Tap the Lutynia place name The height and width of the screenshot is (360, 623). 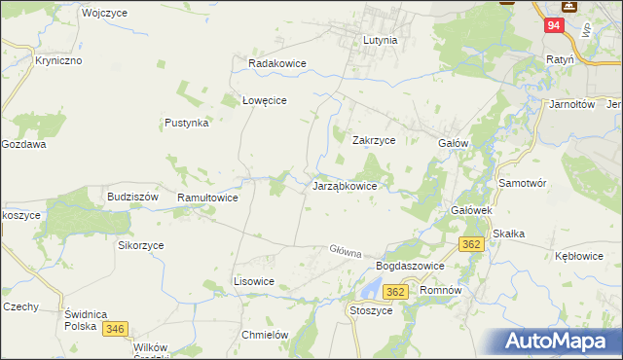pyautogui.click(x=380, y=41)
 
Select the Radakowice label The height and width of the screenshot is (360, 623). pyautogui.click(x=277, y=63)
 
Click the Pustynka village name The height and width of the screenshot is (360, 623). pyautogui.click(x=187, y=124)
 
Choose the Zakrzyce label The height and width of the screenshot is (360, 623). pyautogui.click(x=373, y=140)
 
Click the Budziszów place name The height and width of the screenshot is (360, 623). pyautogui.click(x=132, y=196)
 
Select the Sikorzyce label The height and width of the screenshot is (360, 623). pyautogui.click(x=141, y=246)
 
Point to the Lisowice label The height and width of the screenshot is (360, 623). pyautogui.click(x=254, y=281)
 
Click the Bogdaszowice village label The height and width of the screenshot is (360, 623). pyautogui.click(x=410, y=266)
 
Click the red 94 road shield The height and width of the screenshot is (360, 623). pyautogui.click(x=552, y=26)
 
